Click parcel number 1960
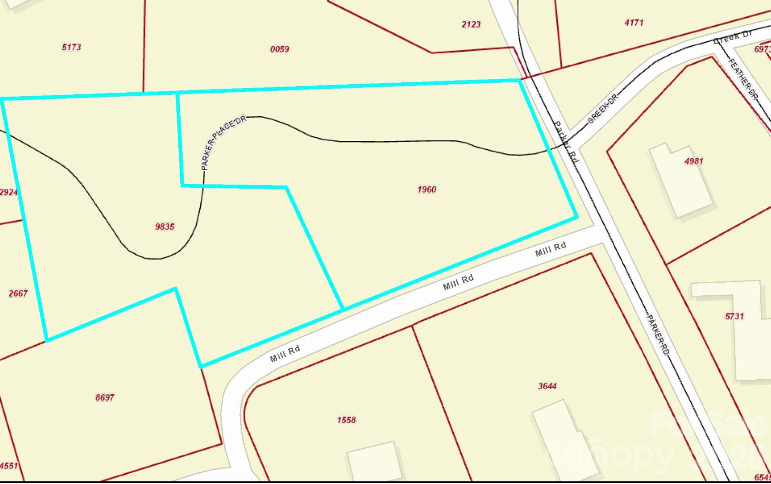426,189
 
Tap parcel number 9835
165,227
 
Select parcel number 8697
105,397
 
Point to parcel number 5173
71,47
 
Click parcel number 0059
279,49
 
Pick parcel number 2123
471,24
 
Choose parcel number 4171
634,23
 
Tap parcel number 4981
694,161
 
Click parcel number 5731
734,316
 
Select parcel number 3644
547,386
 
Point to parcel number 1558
346,420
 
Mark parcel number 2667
18,293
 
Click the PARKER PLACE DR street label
223,142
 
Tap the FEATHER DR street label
743,79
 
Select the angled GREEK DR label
602,109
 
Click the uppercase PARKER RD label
658,335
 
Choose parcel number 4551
9,466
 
